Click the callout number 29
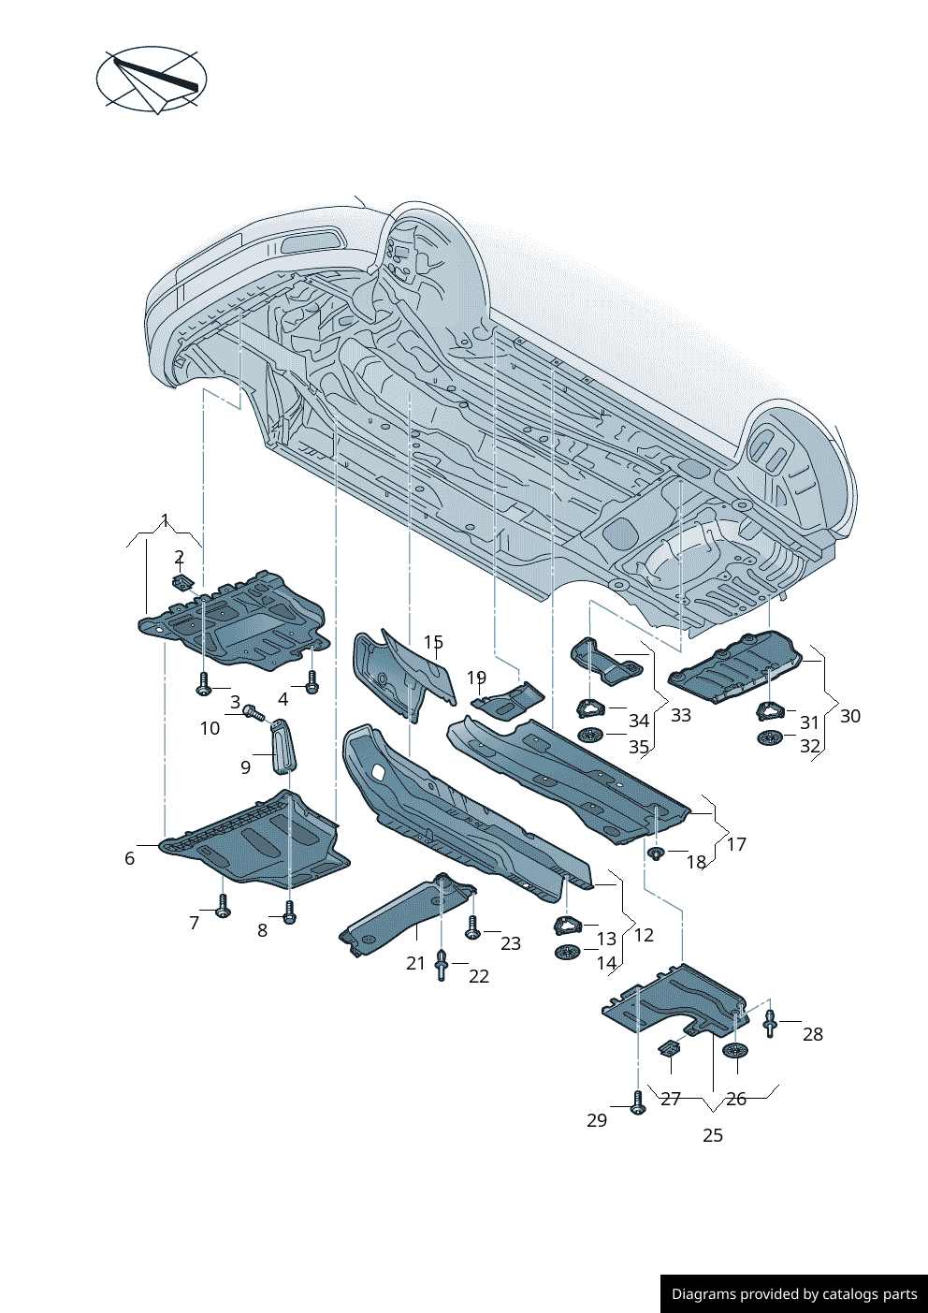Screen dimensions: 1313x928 597,1120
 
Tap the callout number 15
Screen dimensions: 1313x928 433,642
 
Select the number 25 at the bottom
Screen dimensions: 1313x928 713,1135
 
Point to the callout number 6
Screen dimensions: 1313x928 129,858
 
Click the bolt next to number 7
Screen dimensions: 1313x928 223,907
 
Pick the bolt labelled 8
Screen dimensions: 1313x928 289,912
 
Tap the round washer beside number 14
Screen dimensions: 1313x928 568,953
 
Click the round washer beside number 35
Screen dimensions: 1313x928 590,735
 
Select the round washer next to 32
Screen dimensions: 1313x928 769,737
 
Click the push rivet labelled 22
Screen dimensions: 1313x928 442,964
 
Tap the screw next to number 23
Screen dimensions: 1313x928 472,928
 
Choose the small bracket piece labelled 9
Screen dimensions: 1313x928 282,748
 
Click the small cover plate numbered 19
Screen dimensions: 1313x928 509,700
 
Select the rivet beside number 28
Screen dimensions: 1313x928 770,1023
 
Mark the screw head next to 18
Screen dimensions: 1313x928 656,853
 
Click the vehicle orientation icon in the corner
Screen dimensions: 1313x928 152,80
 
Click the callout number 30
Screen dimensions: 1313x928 849,716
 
